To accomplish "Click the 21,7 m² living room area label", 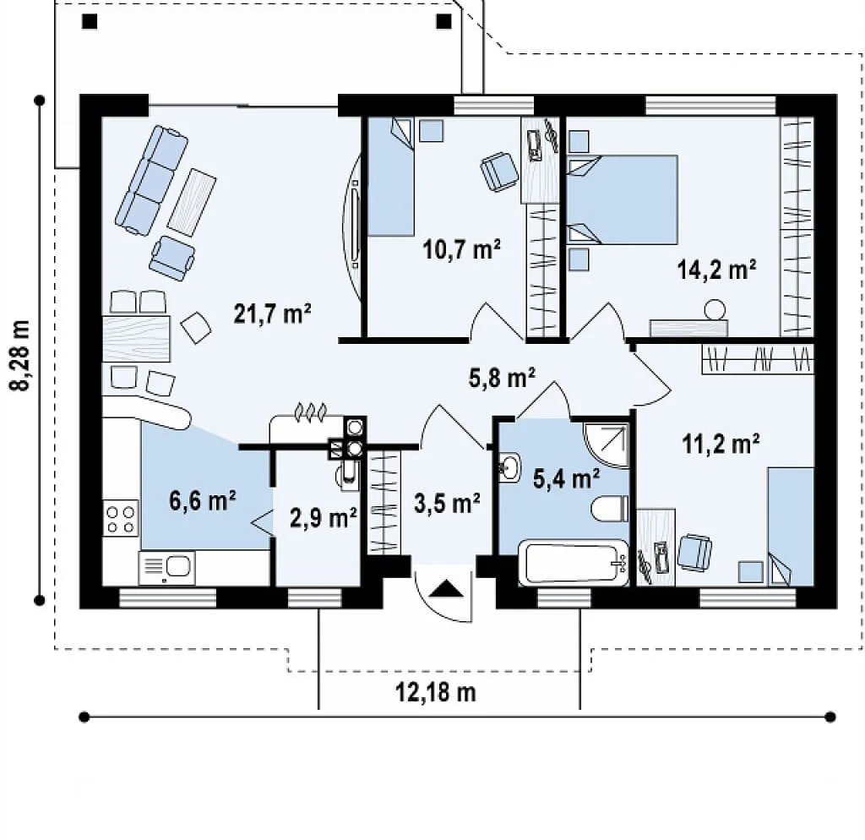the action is (273, 314).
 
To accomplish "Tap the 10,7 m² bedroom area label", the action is (462, 249).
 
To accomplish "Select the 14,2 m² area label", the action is (716, 270).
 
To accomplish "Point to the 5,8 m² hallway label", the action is (502, 378).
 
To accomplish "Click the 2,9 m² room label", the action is (324, 518).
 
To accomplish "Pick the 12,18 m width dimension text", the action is (436, 691).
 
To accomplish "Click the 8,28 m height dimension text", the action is (20, 356).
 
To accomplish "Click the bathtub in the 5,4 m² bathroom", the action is (574, 562).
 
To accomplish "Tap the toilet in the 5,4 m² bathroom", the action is (610, 508).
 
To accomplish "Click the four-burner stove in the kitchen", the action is (121, 518).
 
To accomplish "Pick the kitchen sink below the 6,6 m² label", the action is (166, 567).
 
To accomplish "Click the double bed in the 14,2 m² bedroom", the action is (623, 199).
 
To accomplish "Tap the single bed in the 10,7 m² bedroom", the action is (391, 177).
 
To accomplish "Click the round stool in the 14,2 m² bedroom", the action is (715, 309).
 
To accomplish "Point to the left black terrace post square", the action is (90, 21).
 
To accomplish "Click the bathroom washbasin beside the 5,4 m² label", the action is (509, 468).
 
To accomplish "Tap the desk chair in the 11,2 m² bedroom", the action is (694, 551).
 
